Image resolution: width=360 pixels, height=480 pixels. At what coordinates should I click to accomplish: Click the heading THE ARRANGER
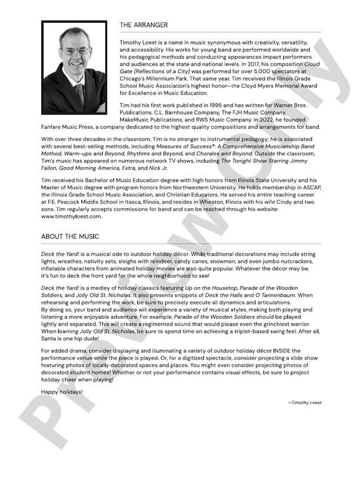coord(144,25)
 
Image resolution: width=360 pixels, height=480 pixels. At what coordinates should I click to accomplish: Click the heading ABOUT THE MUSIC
coord(70,236)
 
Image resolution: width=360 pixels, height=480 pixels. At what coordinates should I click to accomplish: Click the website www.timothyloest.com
coord(72,216)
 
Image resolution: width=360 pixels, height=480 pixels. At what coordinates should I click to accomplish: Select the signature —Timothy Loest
coord(305,402)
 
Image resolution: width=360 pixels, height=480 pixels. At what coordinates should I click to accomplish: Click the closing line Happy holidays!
coord(62,391)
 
